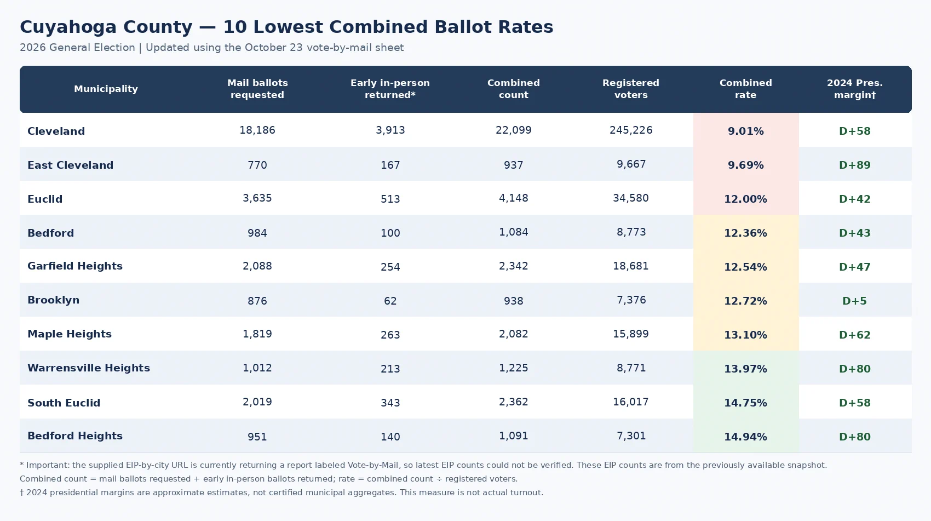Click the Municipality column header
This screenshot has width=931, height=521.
106,89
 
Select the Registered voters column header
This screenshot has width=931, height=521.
631,89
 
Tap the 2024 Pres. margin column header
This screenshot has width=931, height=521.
854,89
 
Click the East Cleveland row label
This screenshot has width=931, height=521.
70,165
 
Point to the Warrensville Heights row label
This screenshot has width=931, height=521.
89,368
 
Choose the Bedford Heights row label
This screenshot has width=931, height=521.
75,436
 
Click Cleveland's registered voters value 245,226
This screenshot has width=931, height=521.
631,130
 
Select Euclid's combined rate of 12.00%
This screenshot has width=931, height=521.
746,199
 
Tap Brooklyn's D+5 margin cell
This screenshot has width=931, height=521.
854,301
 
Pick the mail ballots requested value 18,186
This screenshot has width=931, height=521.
257,130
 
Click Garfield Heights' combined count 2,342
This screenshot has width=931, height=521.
513,266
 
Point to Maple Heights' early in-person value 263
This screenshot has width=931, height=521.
390,335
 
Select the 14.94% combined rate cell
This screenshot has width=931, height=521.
746,437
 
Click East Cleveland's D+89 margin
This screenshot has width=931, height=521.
854,165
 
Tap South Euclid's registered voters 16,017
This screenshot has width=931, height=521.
631,402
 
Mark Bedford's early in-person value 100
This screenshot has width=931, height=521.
390,233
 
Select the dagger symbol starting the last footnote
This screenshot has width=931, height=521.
21,493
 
